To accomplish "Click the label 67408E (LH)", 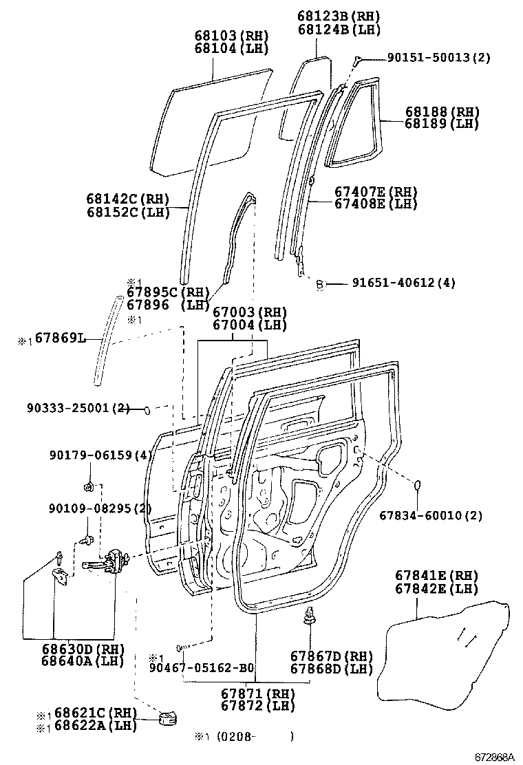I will pyautogui.click(x=376, y=204).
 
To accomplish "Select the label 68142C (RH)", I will pyautogui.click(x=128, y=200).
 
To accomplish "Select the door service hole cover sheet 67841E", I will pyautogui.click(x=447, y=647).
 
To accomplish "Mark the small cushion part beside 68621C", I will pyautogui.click(x=168, y=719).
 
